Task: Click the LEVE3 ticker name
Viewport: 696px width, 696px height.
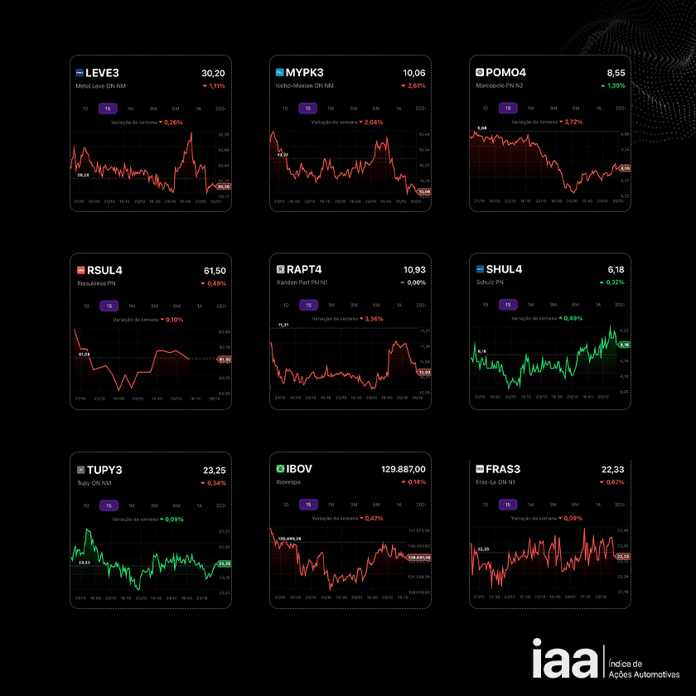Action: pos(103,72)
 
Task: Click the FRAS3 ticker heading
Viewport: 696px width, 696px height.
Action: pos(503,469)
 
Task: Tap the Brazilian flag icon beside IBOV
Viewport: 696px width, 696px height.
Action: pos(280,469)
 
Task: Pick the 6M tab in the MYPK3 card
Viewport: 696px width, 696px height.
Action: pos(375,108)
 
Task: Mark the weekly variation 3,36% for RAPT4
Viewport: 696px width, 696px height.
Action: pos(374,318)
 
